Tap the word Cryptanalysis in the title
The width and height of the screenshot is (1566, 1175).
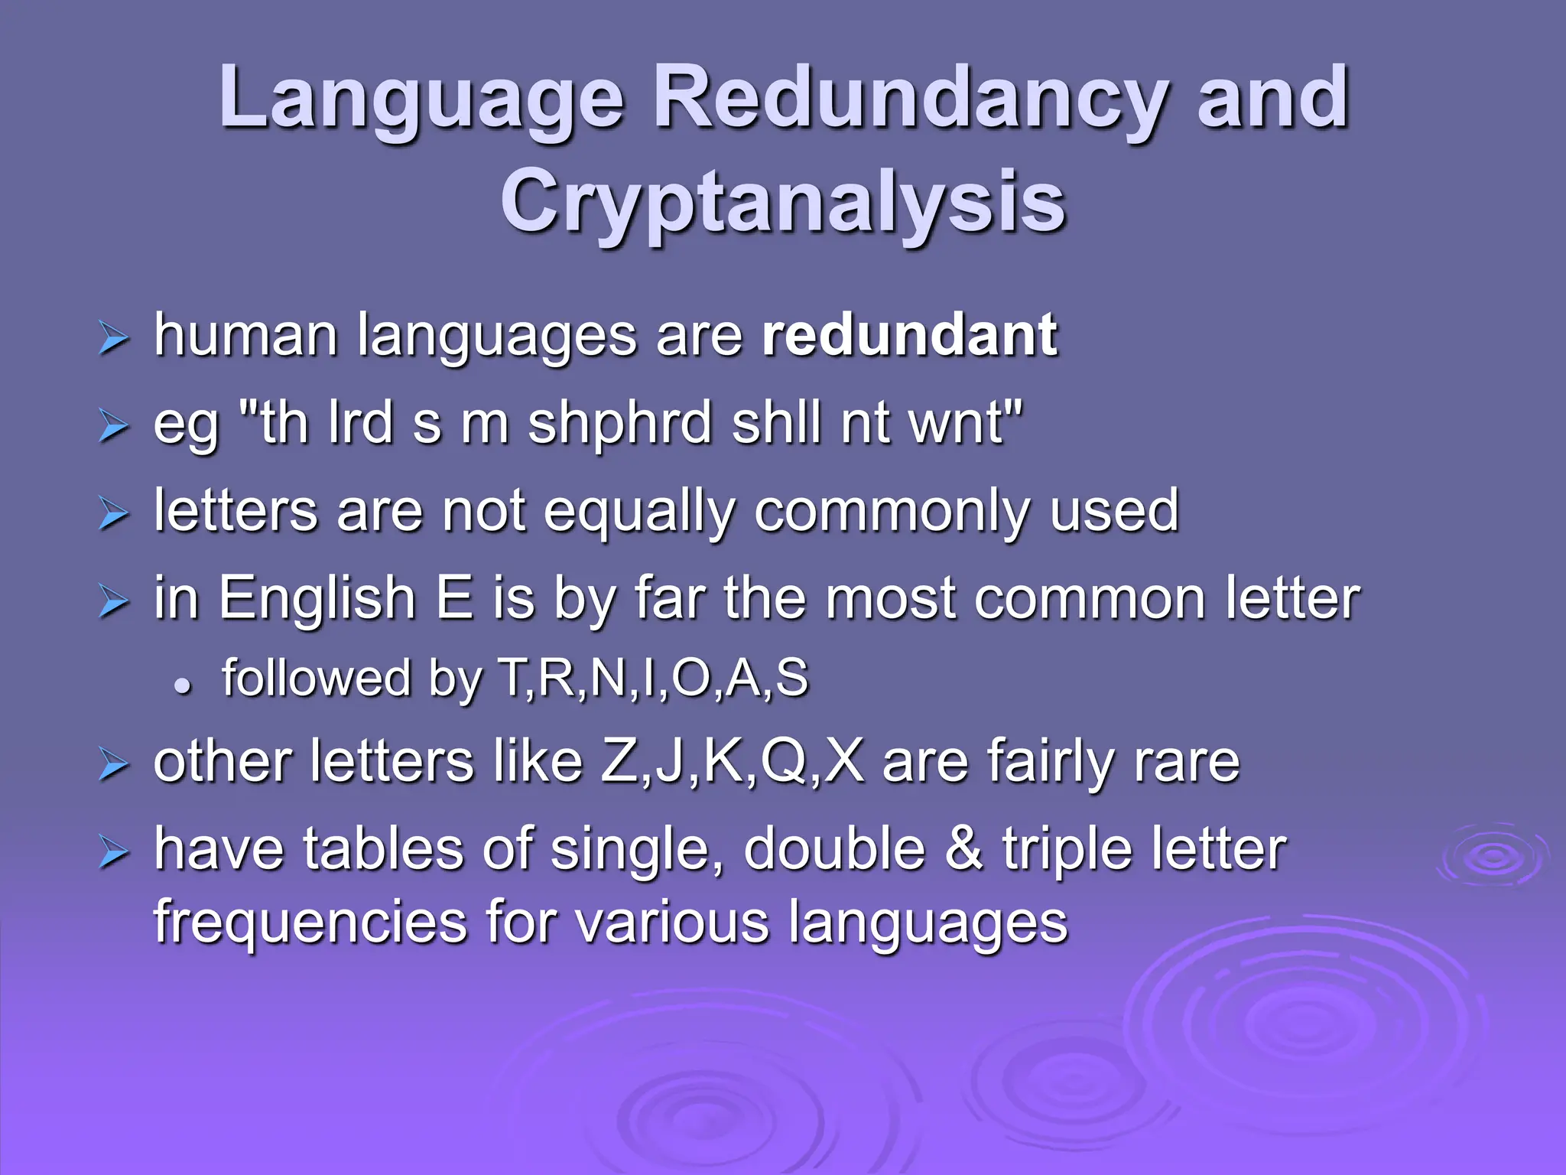(x=783, y=202)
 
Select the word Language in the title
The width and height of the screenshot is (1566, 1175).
(x=421, y=99)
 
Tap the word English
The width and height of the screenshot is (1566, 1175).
(x=317, y=598)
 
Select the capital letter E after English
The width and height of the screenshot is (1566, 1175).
(x=454, y=598)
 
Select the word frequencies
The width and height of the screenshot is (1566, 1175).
(x=310, y=921)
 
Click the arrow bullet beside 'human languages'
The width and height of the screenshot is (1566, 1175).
(x=113, y=339)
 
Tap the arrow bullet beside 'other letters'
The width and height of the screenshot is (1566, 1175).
(x=113, y=766)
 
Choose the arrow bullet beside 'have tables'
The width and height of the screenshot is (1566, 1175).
(x=113, y=853)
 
